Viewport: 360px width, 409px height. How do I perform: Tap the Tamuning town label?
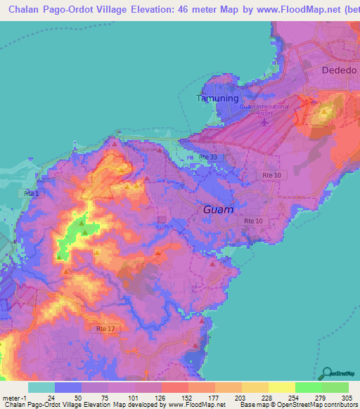217,98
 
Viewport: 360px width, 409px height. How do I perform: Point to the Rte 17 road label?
105,328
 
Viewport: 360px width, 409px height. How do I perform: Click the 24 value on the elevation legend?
51,398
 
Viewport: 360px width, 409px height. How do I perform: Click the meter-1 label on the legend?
14,398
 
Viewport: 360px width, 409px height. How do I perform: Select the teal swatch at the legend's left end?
41,387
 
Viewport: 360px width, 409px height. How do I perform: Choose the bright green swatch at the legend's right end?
335,387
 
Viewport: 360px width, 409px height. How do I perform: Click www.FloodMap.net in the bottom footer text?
198,405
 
